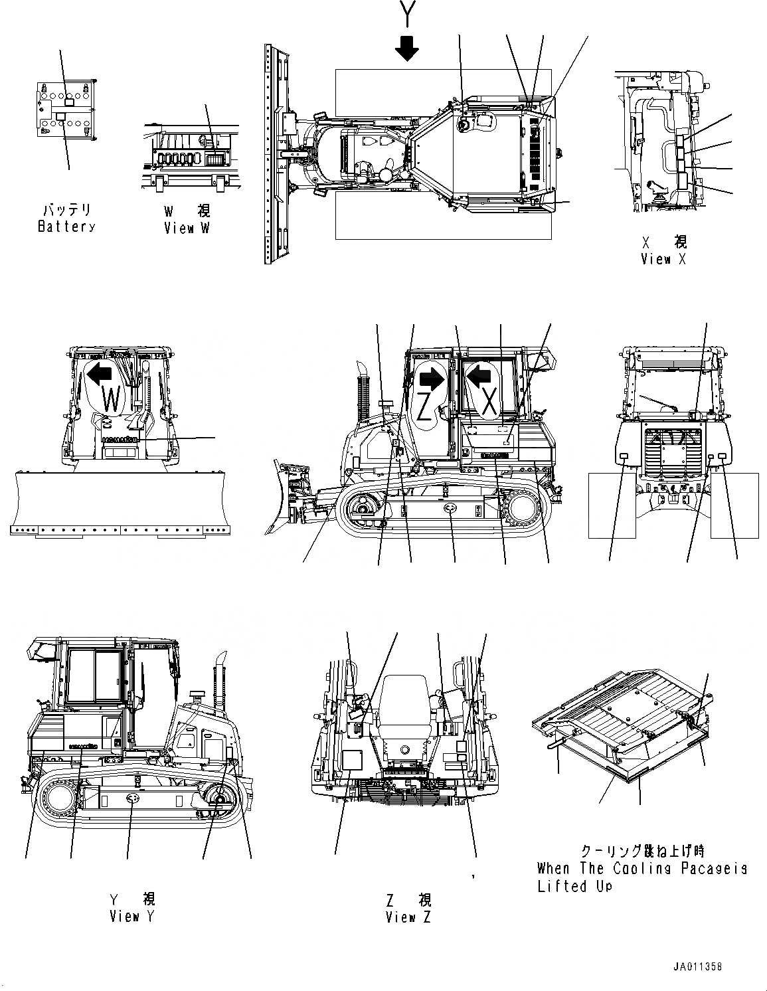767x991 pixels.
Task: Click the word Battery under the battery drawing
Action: click(x=66, y=226)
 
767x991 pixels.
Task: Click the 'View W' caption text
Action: click(x=188, y=228)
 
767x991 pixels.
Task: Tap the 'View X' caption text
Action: click(x=663, y=259)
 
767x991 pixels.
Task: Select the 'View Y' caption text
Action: click(x=132, y=917)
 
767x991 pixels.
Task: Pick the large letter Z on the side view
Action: click(x=425, y=406)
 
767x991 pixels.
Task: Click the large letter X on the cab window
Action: click(x=489, y=403)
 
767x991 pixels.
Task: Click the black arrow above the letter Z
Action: click(x=432, y=379)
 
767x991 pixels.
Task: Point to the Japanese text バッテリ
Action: click(x=66, y=211)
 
